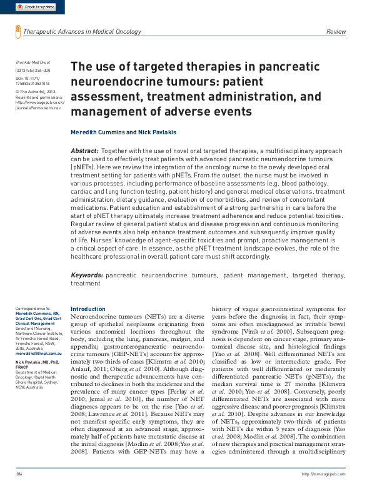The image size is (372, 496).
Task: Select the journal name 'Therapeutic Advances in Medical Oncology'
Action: pos(82,31)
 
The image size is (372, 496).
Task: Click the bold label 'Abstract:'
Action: pos(84,152)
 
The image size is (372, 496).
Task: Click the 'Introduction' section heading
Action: pos(88,309)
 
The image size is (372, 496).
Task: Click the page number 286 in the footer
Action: pos(19,492)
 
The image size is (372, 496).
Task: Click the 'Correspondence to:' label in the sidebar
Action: pos(32,309)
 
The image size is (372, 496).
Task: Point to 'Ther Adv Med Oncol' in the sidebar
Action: pos(32,63)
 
